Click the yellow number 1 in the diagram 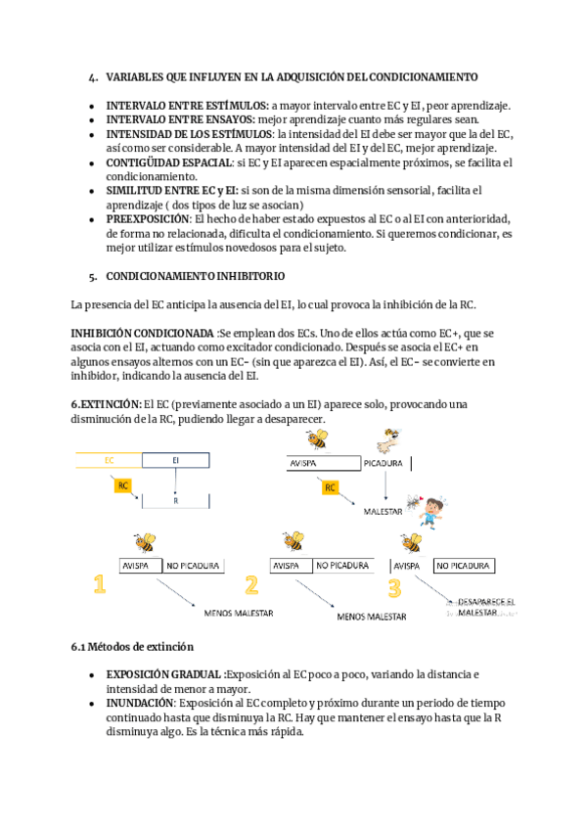99,585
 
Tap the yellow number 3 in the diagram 394,587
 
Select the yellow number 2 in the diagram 251,585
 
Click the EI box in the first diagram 175,460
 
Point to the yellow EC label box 109,460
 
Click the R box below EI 175,500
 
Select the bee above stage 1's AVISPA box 145,542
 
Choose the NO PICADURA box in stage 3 463,566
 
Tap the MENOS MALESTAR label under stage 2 371,618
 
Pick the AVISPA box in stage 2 291,566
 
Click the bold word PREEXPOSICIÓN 148,219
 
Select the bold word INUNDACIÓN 140,703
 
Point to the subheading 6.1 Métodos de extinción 132,647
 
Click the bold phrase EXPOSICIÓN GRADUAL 164,674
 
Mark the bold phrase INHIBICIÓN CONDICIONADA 143,334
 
